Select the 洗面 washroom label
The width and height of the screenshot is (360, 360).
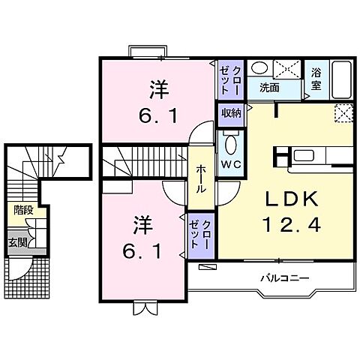point(269,87)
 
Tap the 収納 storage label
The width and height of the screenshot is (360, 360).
point(231,113)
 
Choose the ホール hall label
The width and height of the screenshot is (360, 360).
point(201,180)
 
